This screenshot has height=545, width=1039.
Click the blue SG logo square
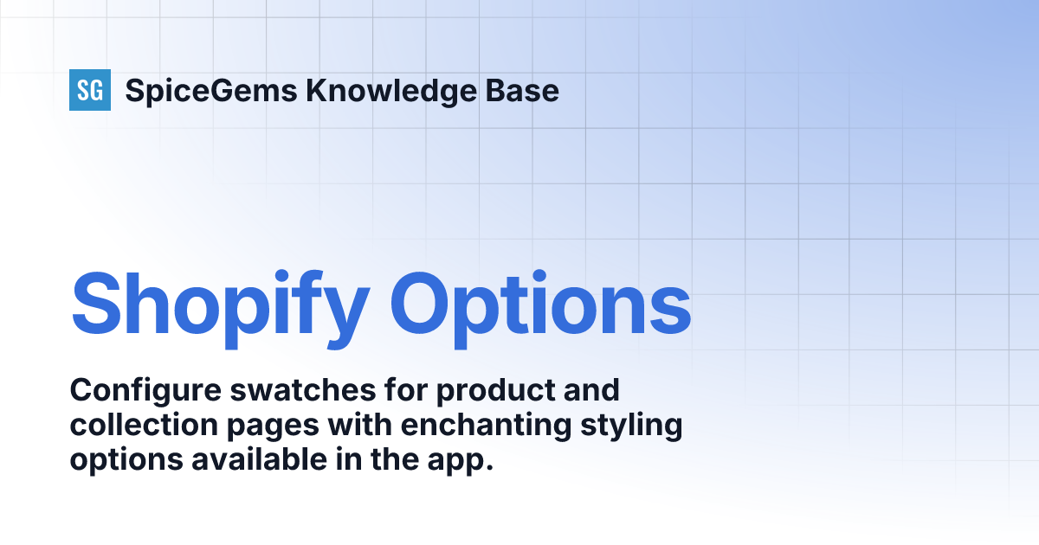pyautogui.click(x=90, y=90)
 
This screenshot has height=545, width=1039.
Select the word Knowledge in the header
pyautogui.click(x=391, y=91)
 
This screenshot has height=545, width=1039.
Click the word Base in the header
pyautogui.click(x=522, y=90)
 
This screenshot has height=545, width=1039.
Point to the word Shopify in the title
pyautogui.click(x=220, y=309)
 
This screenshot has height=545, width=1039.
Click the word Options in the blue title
pyautogui.click(x=540, y=309)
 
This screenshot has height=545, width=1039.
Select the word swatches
pyautogui.click(x=303, y=390)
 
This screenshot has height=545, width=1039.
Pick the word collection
pyautogui.click(x=144, y=425)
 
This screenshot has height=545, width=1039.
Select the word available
pyautogui.click(x=259, y=459)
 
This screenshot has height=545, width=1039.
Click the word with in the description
pyautogui.click(x=360, y=425)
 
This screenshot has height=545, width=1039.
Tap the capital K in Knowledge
pyautogui.click(x=318, y=90)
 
